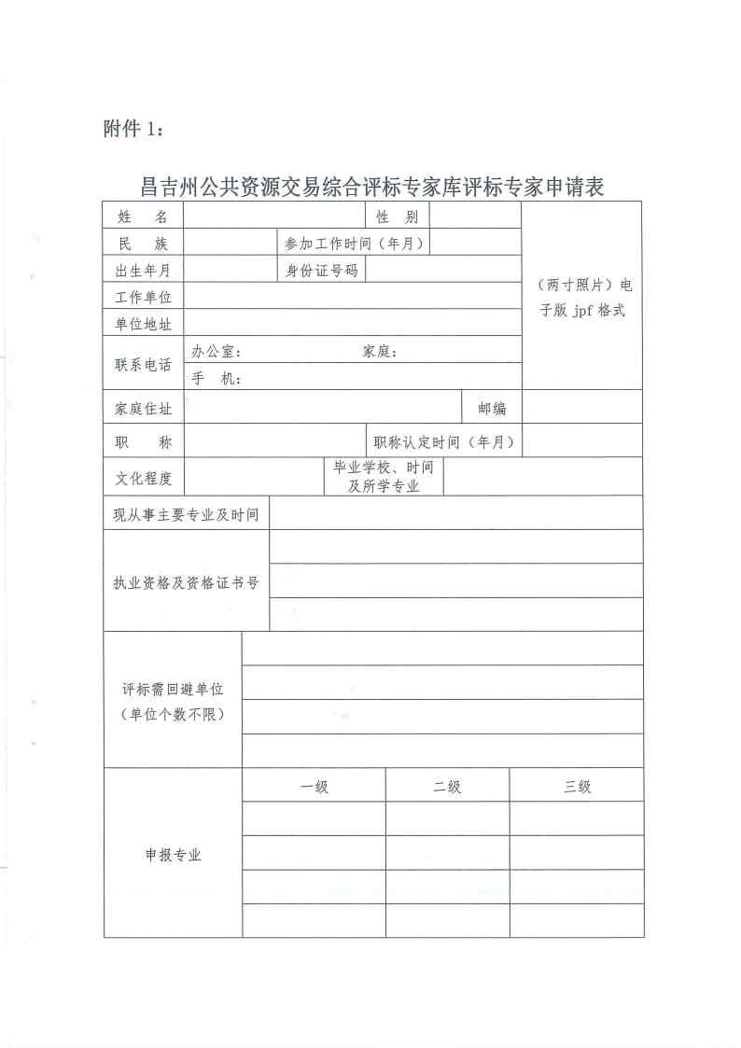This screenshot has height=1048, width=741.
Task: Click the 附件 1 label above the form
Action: click(x=133, y=129)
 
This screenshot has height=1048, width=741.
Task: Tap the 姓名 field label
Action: click(x=143, y=217)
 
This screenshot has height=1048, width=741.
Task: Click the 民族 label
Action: click(x=143, y=244)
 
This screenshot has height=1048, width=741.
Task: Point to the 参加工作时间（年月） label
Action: click(x=356, y=244)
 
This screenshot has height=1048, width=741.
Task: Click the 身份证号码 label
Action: click(x=321, y=271)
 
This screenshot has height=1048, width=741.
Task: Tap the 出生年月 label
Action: click(x=143, y=271)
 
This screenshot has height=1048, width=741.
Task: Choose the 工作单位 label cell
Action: click(x=143, y=298)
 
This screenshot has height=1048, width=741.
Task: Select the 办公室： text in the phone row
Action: click(x=217, y=352)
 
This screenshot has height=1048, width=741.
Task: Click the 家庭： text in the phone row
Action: click(x=381, y=352)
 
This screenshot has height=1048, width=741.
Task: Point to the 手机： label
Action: click(x=217, y=378)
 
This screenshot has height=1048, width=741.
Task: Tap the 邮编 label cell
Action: click(x=492, y=408)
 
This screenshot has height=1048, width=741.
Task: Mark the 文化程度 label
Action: click(x=143, y=478)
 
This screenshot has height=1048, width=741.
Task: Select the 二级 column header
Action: click(x=447, y=787)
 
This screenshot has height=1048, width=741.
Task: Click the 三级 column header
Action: click(x=577, y=787)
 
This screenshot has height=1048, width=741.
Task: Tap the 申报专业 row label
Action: click(x=173, y=855)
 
